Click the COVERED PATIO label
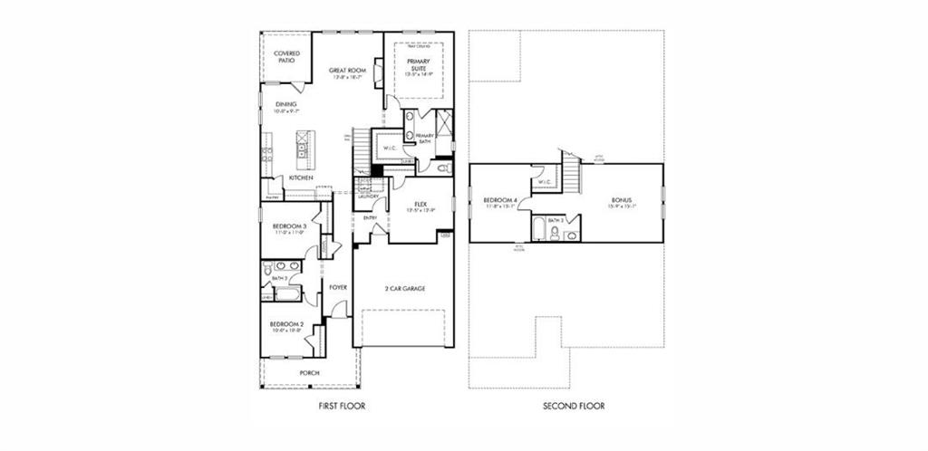(x=286, y=57)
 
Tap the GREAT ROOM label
(x=346, y=71)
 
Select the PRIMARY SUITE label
(x=418, y=65)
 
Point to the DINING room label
(x=286, y=105)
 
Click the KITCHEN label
(x=301, y=178)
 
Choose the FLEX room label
(x=420, y=205)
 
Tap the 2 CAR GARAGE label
(x=404, y=289)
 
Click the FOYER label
(x=338, y=288)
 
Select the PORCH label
(x=309, y=372)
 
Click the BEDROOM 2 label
(x=286, y=323)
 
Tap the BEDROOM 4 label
(x=500, y=200)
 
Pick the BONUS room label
(x=622, y=200)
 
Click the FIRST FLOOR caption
(x=342, y=407)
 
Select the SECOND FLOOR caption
(x=574, y=407)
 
